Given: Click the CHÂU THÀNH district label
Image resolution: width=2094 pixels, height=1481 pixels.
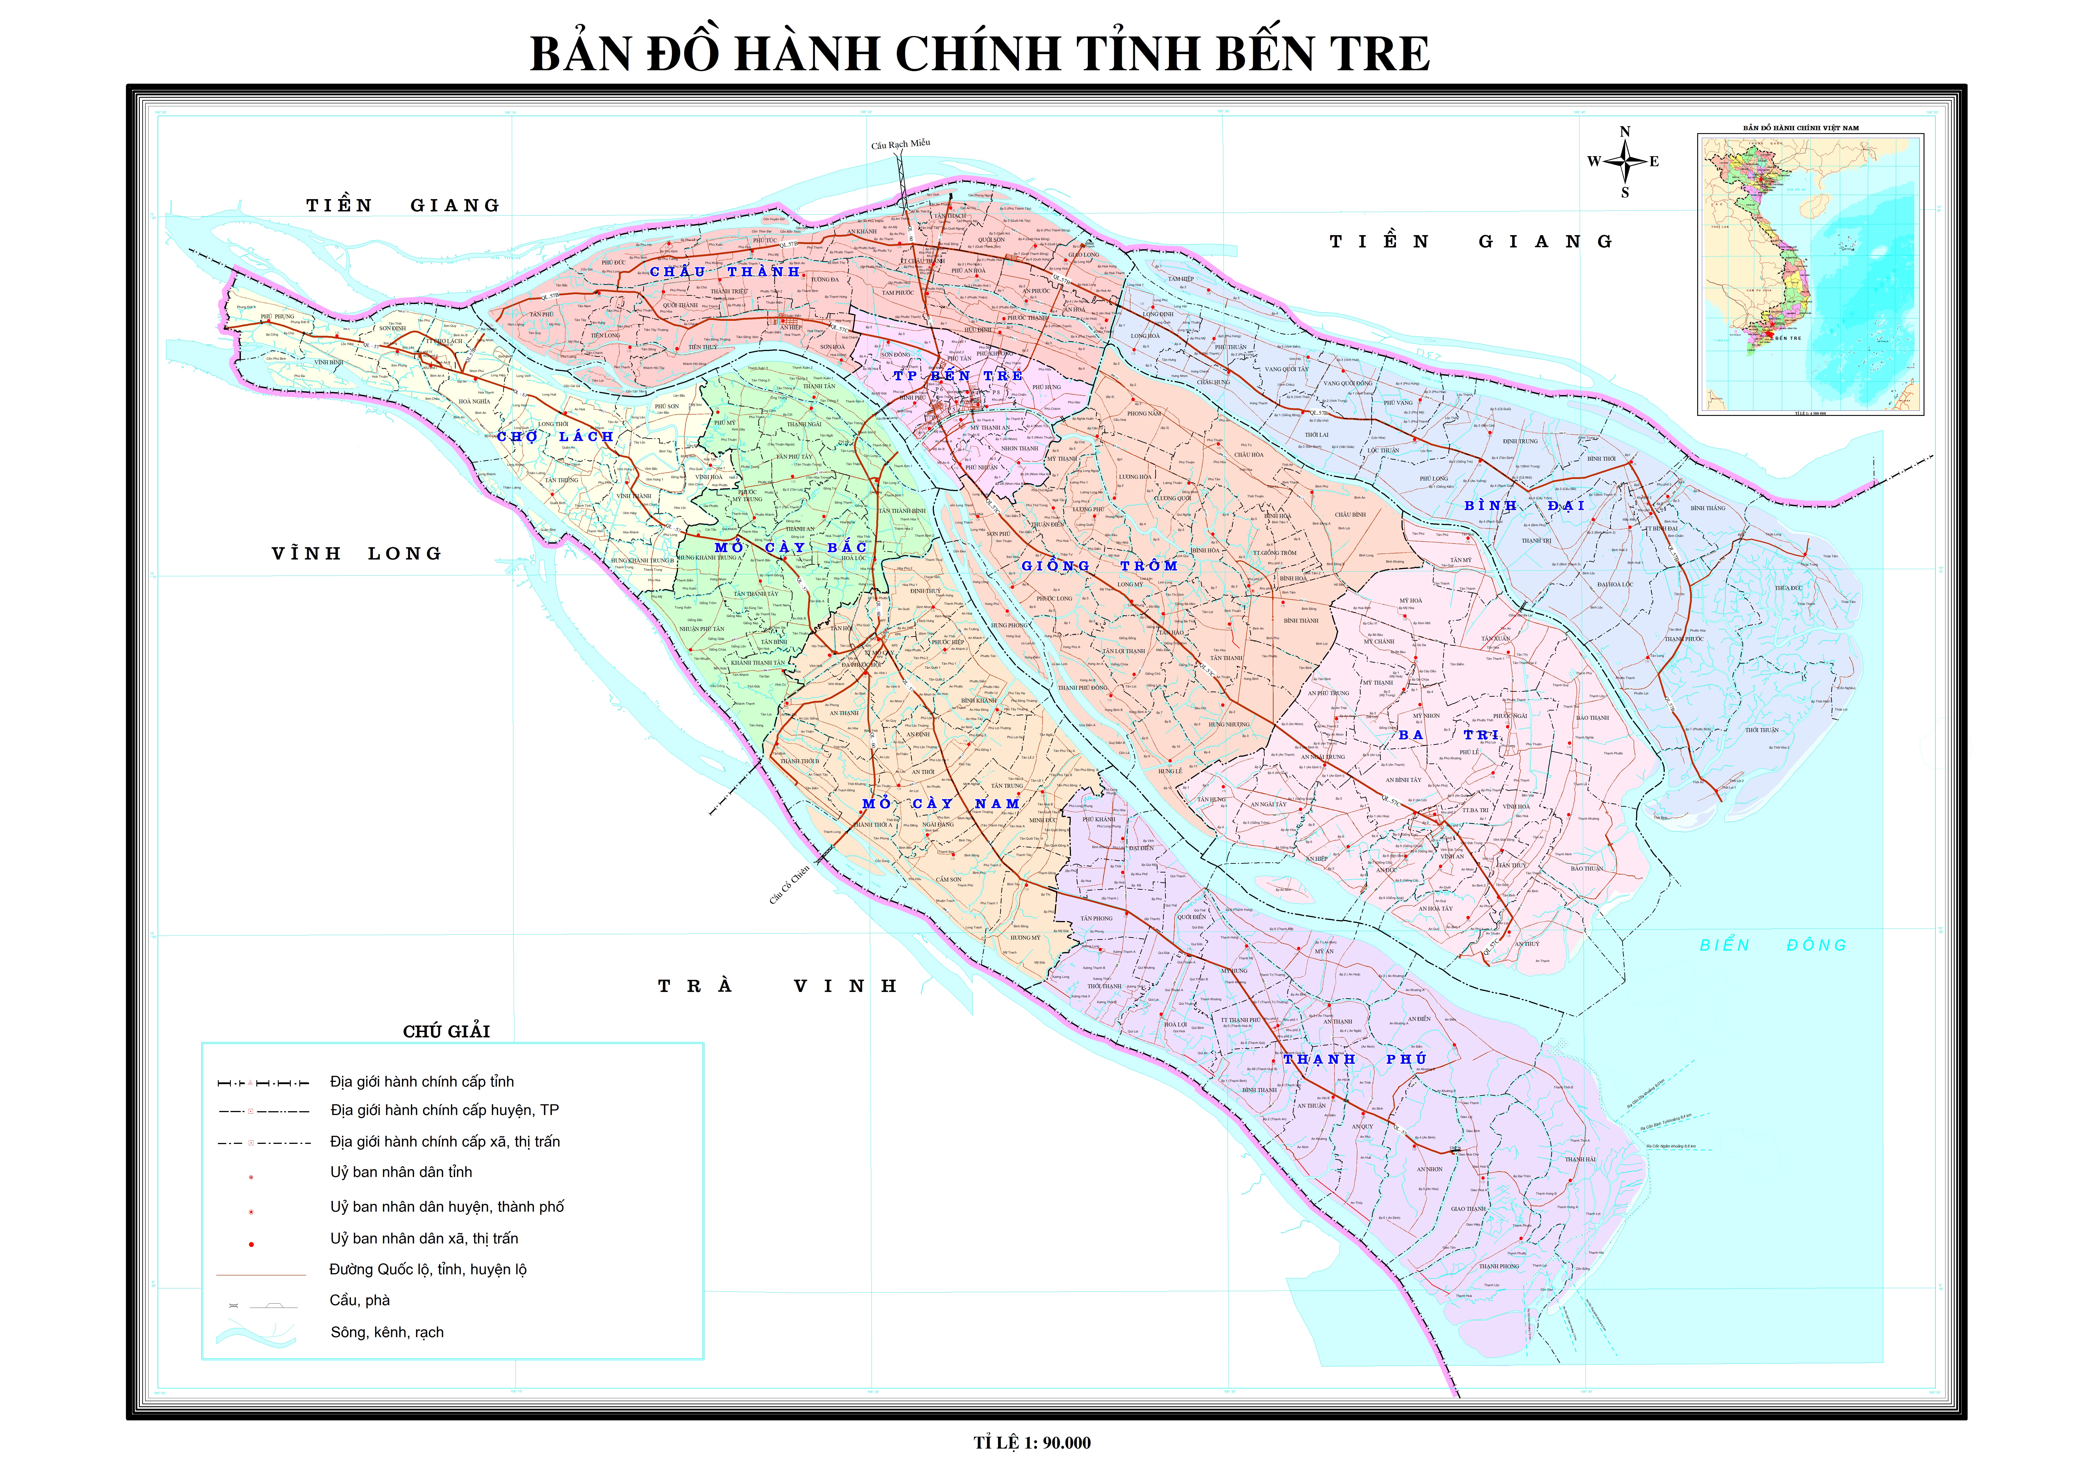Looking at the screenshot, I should pyautogui.click(x=725, y=272).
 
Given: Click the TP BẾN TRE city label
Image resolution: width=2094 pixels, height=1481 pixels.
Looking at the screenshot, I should pyautogui.click(x=958, y=376).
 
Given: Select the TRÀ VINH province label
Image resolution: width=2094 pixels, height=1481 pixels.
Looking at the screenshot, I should pyautogui.click(x=778, y=986).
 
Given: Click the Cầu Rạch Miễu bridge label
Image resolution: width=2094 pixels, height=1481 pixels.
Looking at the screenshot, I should pyautogui.click(x=900, y=144).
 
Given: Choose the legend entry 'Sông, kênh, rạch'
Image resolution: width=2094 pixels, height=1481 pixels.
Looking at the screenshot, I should pyautogui.click(x=387, y=1332).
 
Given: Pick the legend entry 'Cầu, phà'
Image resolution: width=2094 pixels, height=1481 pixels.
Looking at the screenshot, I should pyautogui.click(x=359, y=1300).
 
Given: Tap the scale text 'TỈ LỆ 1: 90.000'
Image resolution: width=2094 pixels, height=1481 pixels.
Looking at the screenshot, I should pyautogui.click(x=1032, y=1443).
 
